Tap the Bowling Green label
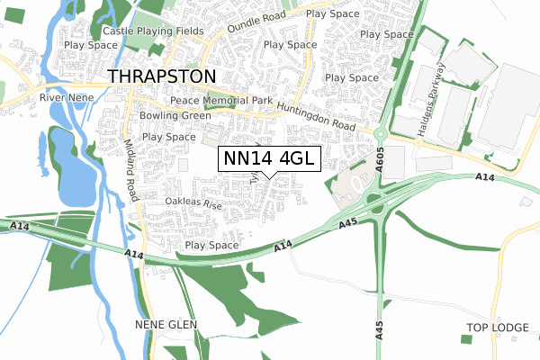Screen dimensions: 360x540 [x=175, y=115]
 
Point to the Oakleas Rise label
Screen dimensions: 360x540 [x=193, y=204]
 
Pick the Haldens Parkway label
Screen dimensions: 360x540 [x=430, y=99]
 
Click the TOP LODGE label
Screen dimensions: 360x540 [x=496, y=326]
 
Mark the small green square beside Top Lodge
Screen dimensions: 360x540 [x=465, y=338]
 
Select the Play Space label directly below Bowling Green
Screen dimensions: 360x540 [x=169, y=137]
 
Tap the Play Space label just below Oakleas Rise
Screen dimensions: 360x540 [x=211, y=245]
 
